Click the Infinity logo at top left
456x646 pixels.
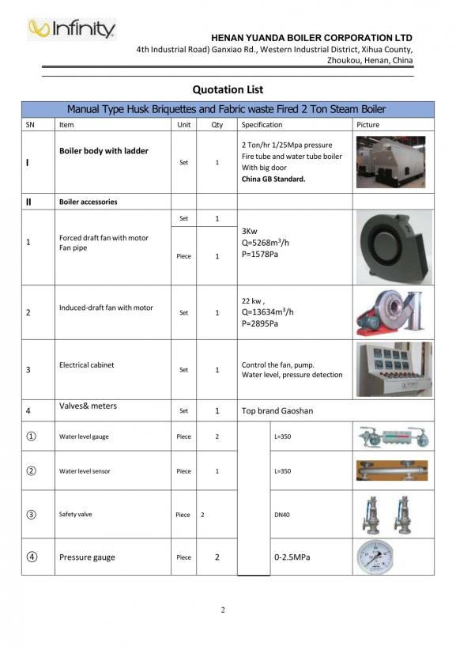(72, 29)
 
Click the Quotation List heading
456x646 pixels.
(228, 89)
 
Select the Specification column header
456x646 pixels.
(262, 125)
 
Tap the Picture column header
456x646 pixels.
(368, 125)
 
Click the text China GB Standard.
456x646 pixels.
(273, 179)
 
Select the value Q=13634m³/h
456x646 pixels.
(268, 312)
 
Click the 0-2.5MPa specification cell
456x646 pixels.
(292, 557)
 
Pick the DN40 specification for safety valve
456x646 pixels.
(282, 515)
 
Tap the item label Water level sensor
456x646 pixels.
(85, 471)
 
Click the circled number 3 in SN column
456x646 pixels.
(32, 515)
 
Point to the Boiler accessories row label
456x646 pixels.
(88, 202)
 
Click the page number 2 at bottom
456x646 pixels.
(223, 610)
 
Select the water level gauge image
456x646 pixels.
(392, 436)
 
